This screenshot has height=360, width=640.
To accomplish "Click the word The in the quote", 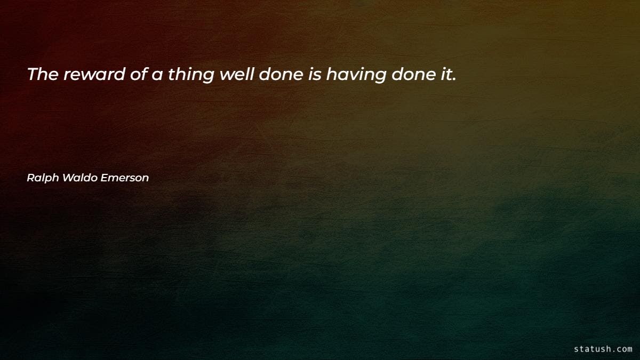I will pyautogui.click(x=43, y=75).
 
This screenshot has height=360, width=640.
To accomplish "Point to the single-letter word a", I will pyautogui.click(x=157, y=75).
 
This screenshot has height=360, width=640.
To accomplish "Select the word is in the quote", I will pyautogui.click(x=314, y=75).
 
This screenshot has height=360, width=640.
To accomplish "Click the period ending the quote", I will pyautogui.click(x=454, y=79).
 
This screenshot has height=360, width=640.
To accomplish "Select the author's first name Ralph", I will pyautogui.click(x=43, y=178).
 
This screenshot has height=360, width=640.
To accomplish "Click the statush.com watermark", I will pyautogui.click(x=603, y=349).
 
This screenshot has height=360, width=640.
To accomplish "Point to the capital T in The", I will pyautogui.click(x=33, y=75).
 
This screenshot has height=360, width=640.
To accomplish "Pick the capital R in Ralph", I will pyautogui.click(x=30, y=178).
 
